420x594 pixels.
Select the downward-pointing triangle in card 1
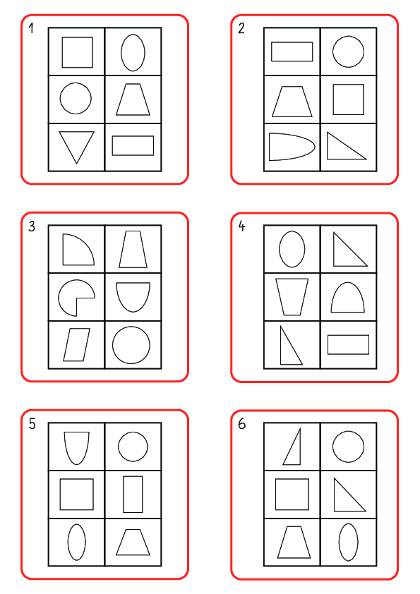pos(76,145)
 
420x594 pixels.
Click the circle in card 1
pos(76,98)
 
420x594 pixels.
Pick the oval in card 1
pos(133,52)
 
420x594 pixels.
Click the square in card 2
pos(348,99)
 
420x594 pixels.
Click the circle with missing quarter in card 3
pos(75,297)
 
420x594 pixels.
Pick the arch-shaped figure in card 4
pos(348,297)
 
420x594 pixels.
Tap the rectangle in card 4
pos(348,344)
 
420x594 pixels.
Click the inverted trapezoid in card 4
pos(292,297)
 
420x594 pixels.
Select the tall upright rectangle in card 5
pos(133,494)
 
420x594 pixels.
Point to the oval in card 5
pos(76,542)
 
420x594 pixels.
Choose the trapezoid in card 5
pos(133,542)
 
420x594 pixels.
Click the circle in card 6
pos(348,447)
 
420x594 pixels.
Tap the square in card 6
pos(292,494)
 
